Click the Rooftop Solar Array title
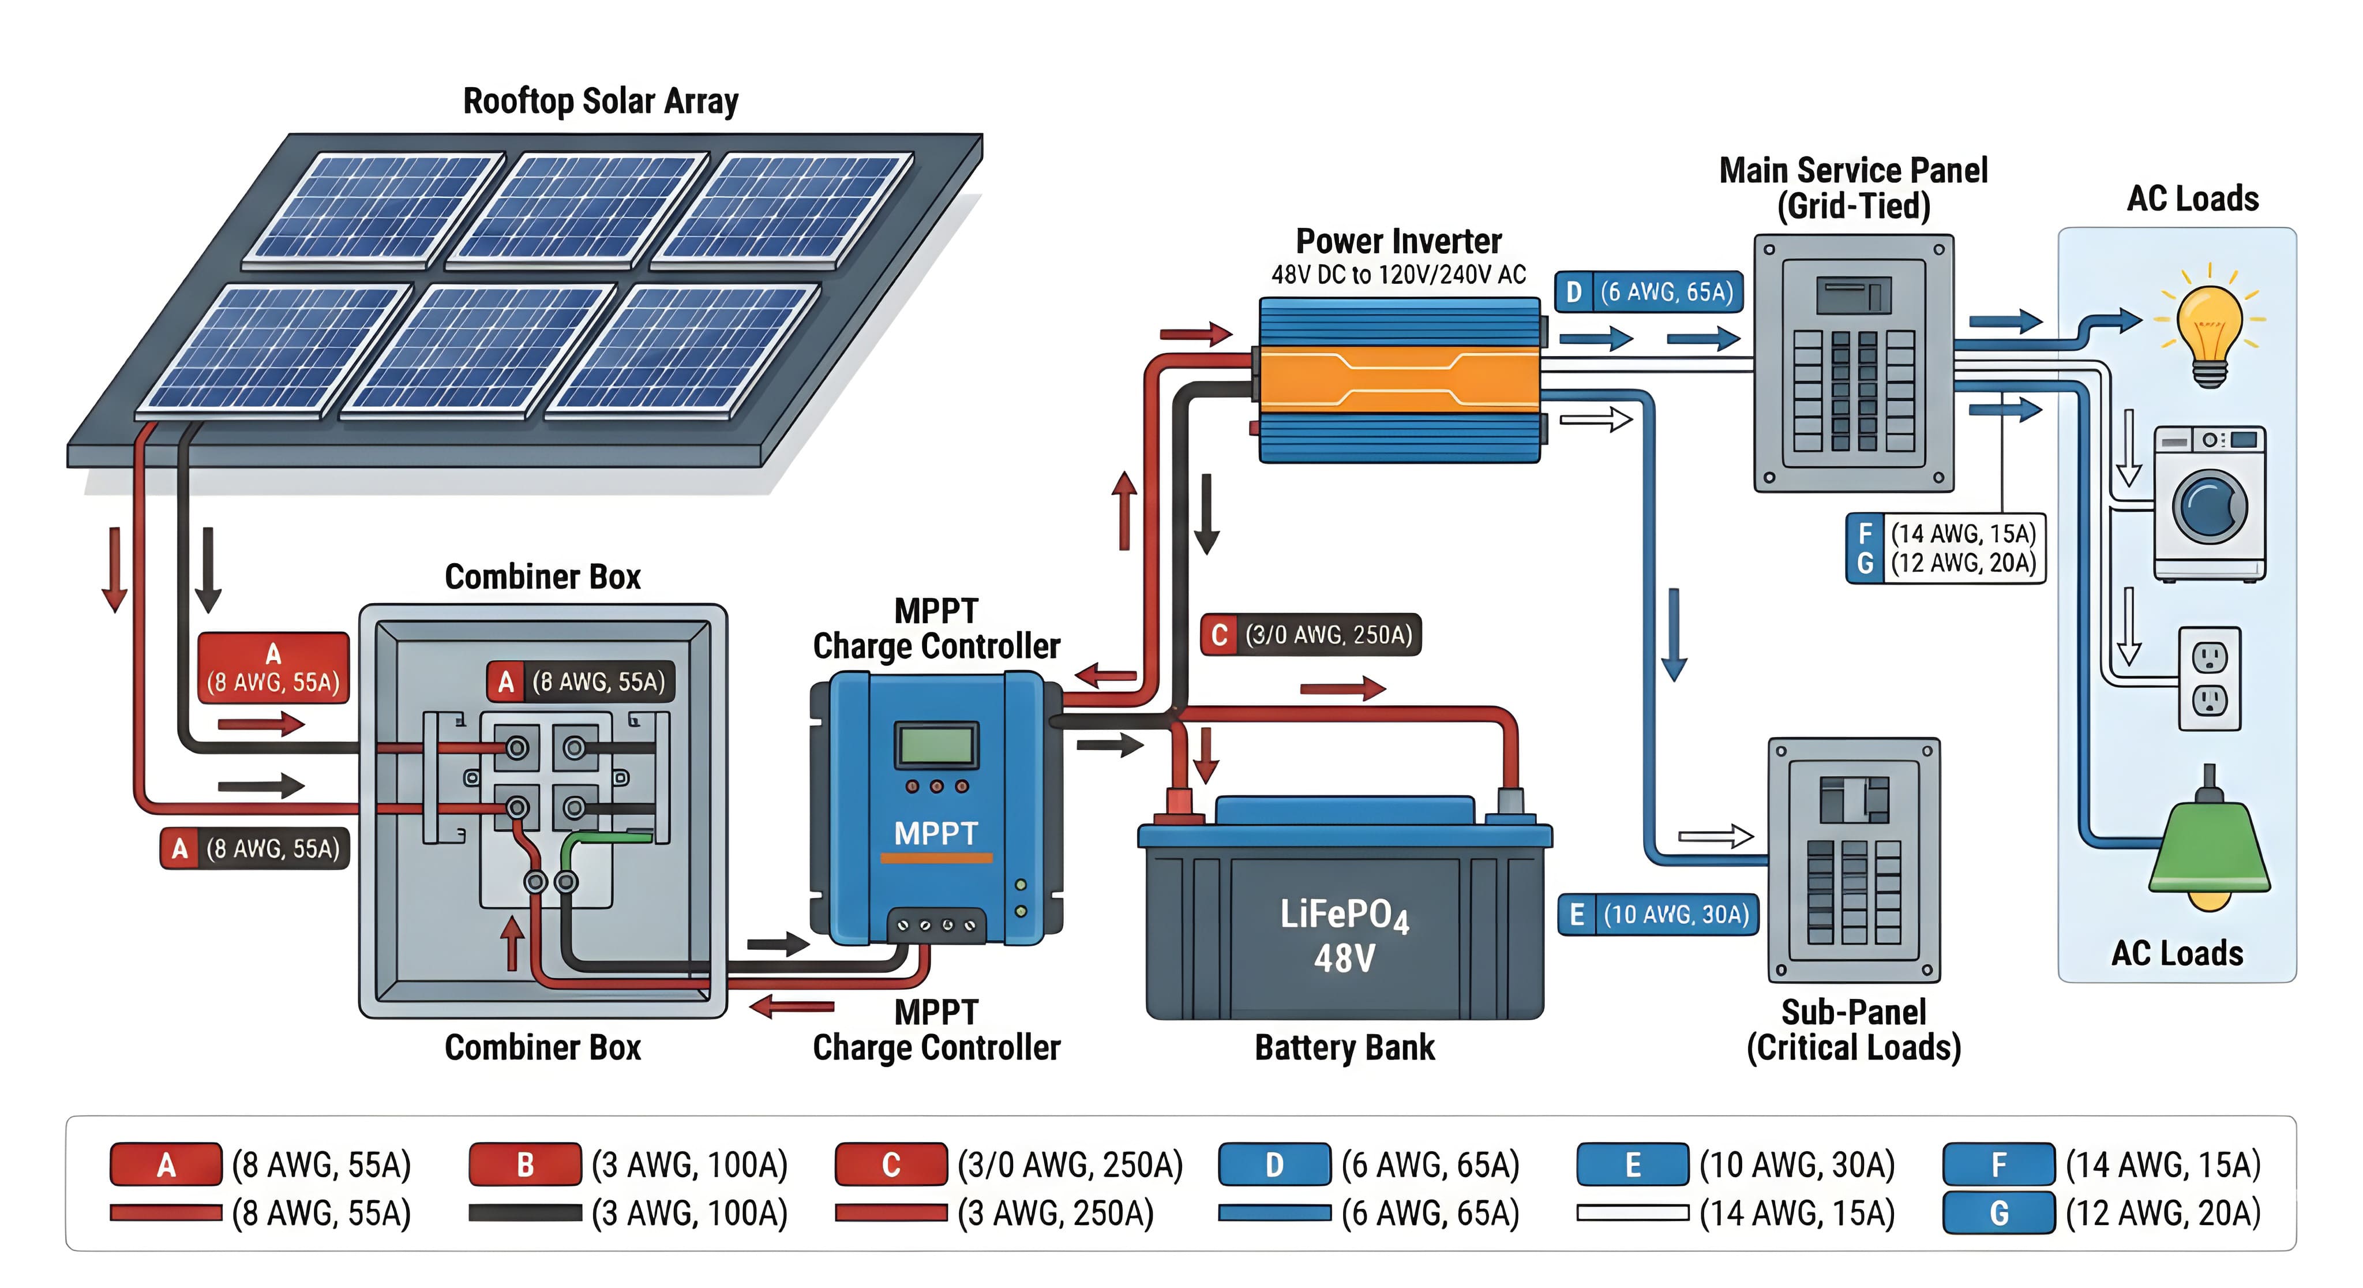pos(600,101)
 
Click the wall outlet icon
pos(2209,678)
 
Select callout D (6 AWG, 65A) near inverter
pos(1648,293)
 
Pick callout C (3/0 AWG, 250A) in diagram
pos(1311,635)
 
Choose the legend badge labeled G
pos(1999,1213)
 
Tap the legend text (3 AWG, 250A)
pos(1055,1213)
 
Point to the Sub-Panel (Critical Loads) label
pos(1853,1030)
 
